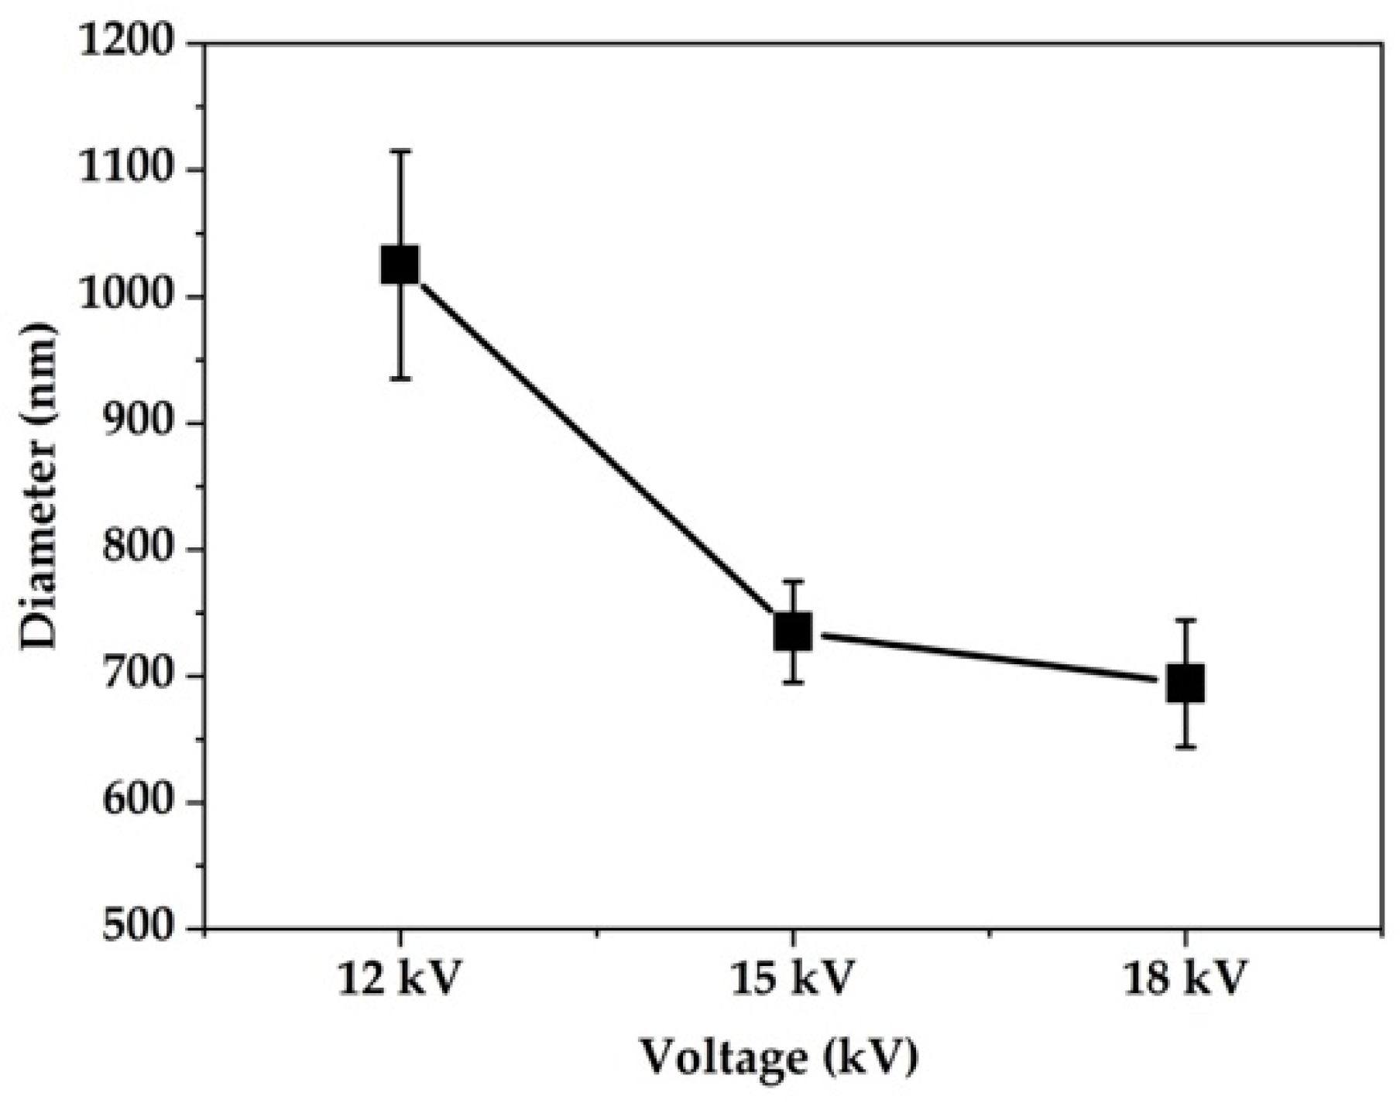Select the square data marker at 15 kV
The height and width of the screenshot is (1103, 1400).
click(x=793, y=632)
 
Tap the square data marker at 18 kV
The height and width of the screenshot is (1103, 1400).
click(x=1185, y=684)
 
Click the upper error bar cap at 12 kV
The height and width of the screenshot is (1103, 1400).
click(x=400, y=152)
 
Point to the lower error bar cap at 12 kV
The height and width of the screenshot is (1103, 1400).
click(x=400, y=379)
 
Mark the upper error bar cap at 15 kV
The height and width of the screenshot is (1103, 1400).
click(x=793, y=581)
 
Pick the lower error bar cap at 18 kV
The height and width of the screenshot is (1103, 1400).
click(x=1185, y=747)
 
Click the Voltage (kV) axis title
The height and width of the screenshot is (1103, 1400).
click(x=778, y=1058)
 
